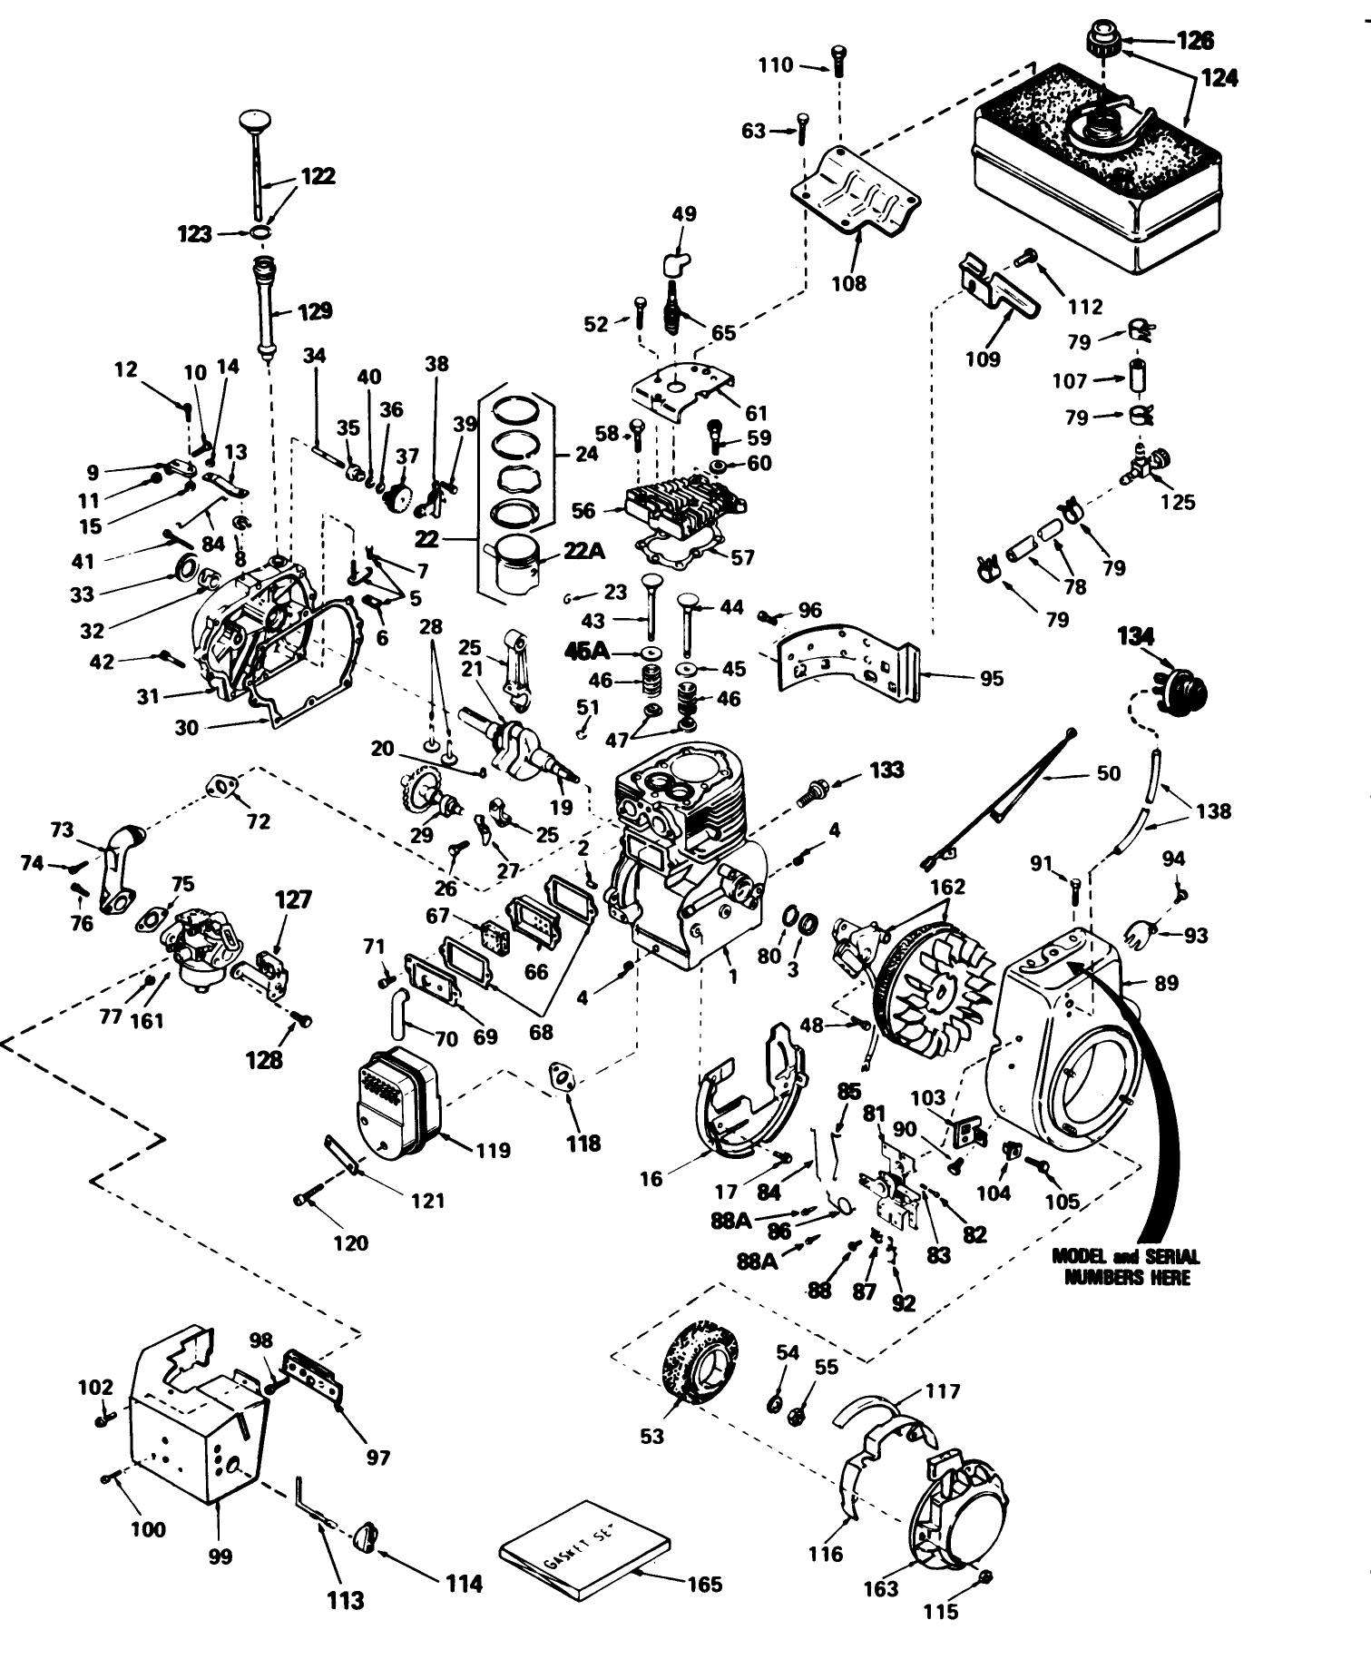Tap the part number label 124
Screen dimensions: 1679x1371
click(1219, 78)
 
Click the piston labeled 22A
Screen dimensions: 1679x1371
click(513, 565)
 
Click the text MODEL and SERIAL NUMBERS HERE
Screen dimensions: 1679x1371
click(1125, 1266)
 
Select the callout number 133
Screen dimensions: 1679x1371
click(886, 770)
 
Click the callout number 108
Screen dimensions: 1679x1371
click(849, 283)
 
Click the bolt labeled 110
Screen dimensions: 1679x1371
click(836, 58)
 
